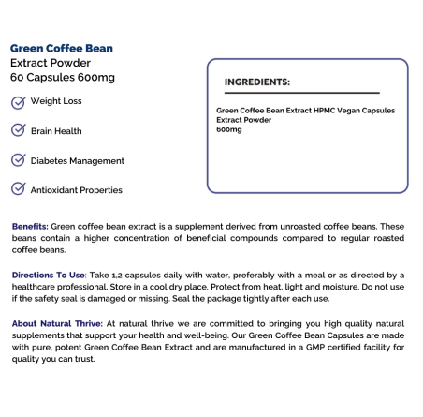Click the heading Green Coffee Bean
click(63, 49)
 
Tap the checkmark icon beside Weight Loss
click(18, 101)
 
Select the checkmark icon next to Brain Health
click(18, 130)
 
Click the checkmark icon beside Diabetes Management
click(18, 160)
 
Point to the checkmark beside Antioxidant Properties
click(18, 189)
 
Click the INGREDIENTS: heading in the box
click(257, 82)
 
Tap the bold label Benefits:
click(30, 227)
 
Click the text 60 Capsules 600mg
click(62, 77)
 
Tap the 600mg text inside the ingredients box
click(228, 128)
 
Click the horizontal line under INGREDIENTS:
click(301, 93)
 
